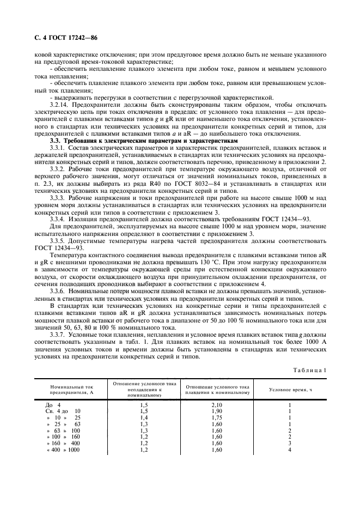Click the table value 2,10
[x=217, y=405]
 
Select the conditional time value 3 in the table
[x=290, y=443]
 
